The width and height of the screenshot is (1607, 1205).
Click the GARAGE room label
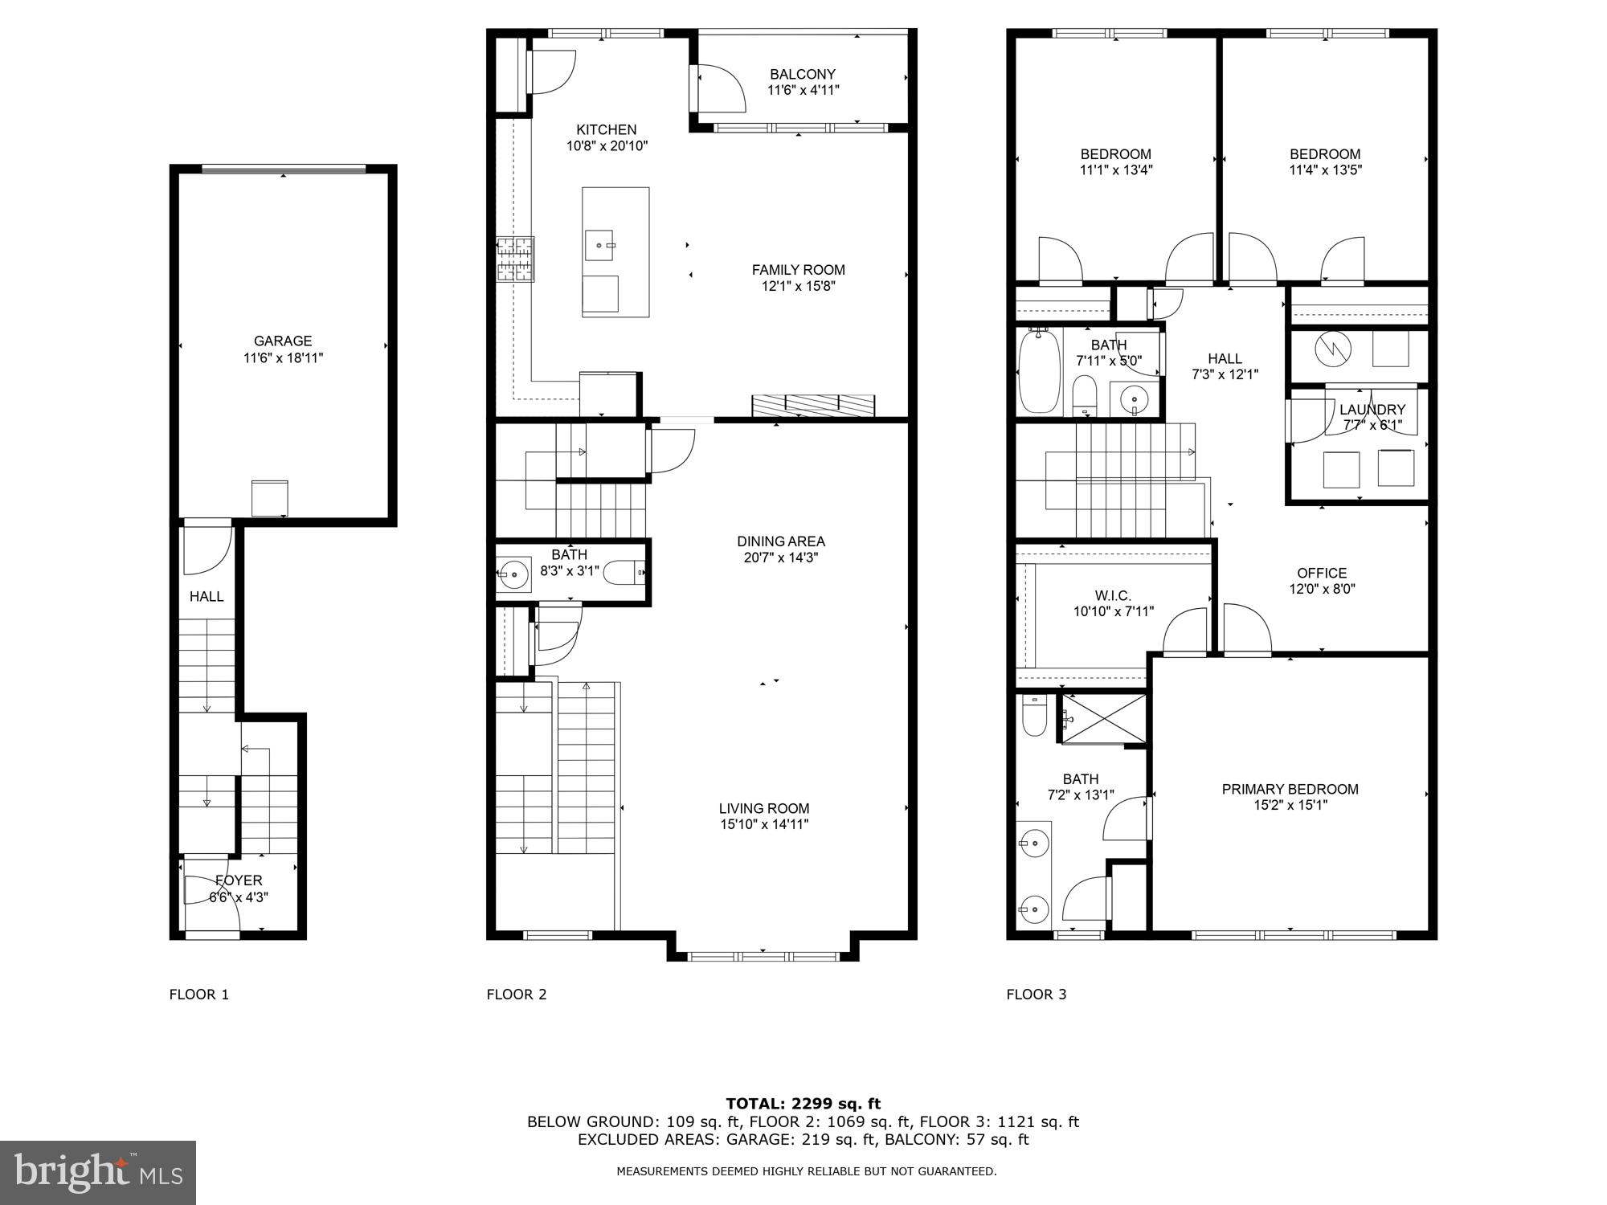[283, 341]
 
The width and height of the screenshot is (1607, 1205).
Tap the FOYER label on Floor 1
[239, 880]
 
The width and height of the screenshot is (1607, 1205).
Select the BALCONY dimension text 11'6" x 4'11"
[803, 90]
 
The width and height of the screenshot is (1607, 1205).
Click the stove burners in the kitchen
[515, 259]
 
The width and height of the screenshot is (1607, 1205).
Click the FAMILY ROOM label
[798, 270]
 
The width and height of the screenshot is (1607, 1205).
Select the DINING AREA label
[781, 541]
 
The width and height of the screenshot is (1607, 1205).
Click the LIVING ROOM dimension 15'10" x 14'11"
[763, 824]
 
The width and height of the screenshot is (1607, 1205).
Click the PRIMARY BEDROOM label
[1290, 789]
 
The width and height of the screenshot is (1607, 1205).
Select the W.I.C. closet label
[1113, 595]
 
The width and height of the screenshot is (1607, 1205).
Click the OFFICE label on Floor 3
[1322, 573]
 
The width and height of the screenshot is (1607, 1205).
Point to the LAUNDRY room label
[1372, 410]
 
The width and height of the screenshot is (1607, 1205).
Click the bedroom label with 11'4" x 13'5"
[1325, 154]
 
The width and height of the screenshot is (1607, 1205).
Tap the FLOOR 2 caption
[517, 995]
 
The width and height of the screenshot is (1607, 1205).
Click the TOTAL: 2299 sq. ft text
[803, 1104]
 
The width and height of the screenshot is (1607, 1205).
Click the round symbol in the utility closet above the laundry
[1333, 349]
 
